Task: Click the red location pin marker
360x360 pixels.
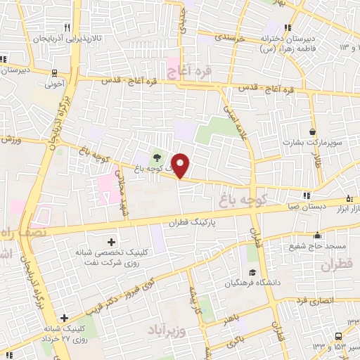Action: (181, 165)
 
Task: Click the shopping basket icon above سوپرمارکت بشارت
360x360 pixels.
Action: (312, 131)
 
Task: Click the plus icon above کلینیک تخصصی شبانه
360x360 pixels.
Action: (111, 241)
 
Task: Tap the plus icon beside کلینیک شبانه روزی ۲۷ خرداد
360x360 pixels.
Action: (65, 318)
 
